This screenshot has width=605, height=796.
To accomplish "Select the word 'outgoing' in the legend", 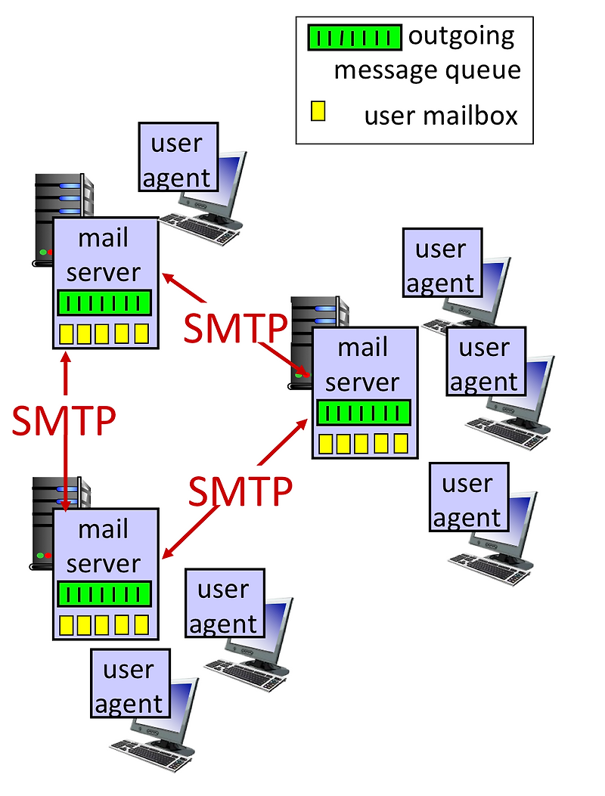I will click(461, 36).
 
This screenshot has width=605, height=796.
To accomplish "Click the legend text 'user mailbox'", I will click(440, 116).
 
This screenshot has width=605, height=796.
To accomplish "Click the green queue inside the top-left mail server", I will click(104, 303).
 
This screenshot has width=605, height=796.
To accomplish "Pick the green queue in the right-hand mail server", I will click(363, 413).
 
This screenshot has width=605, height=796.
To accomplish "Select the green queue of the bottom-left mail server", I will click(104, 594).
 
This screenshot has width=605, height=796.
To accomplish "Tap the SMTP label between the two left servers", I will click(64, 421).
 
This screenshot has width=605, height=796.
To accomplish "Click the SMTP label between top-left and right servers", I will click(236, 328).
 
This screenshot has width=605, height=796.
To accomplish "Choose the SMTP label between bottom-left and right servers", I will click(240, 491).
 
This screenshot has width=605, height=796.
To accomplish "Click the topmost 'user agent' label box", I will click(178, 160).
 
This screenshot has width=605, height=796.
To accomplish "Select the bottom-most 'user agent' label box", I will click(129, 686).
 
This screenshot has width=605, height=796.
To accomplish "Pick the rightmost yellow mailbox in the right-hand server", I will click(400, 443).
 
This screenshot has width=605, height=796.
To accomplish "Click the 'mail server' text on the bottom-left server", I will click(104, 547).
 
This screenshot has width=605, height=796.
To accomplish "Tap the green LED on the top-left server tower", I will click(43, 252).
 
